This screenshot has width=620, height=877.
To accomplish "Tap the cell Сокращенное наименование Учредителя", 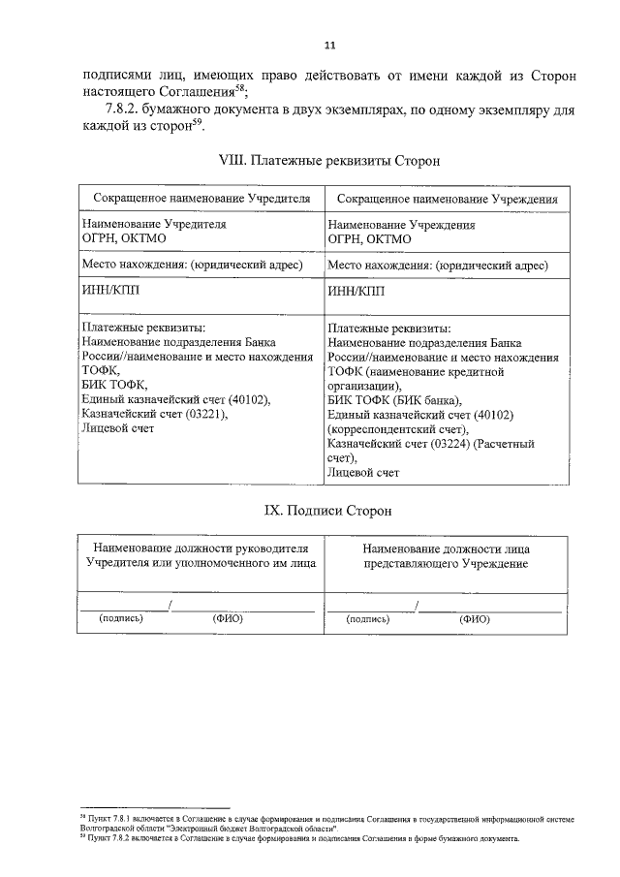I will [x=201, y=198].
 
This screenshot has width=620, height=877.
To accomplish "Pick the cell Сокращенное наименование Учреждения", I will [x=447, y=198].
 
